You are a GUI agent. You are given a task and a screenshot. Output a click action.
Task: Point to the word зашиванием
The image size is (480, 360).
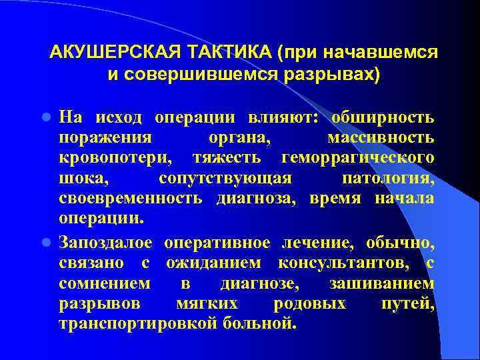click(x=381, y=284)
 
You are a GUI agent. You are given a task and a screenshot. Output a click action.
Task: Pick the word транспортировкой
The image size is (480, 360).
click(x=133, y=325)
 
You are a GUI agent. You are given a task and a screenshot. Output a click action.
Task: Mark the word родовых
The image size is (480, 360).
click(x=309, y=305)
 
